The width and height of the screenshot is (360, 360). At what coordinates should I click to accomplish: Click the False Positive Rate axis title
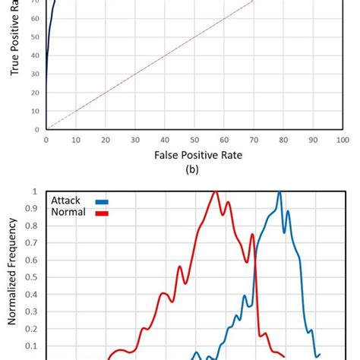click(x=191, y=156)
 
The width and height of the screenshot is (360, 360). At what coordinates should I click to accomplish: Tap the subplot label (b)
click(x=191, y=170)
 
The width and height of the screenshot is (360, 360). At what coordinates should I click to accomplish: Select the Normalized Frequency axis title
click(x=13, y=272)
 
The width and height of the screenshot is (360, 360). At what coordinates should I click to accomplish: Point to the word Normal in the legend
click(x=69, y=213)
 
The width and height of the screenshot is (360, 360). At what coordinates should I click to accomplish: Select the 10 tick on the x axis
click(x=75, y=140)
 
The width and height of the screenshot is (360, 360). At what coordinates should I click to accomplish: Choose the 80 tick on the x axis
click(x=283, y=140)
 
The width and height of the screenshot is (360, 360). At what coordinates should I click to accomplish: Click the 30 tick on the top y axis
click(x=36, y=74)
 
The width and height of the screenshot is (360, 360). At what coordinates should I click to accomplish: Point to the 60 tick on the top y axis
click(x=36, y=17)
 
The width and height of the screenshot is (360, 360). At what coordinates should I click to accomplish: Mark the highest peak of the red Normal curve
click(x=216, y=191)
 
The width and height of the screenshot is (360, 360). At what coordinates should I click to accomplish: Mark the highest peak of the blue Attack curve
click(x=279, y=192)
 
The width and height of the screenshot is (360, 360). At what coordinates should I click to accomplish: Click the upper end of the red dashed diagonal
click(x=253, y=1)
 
